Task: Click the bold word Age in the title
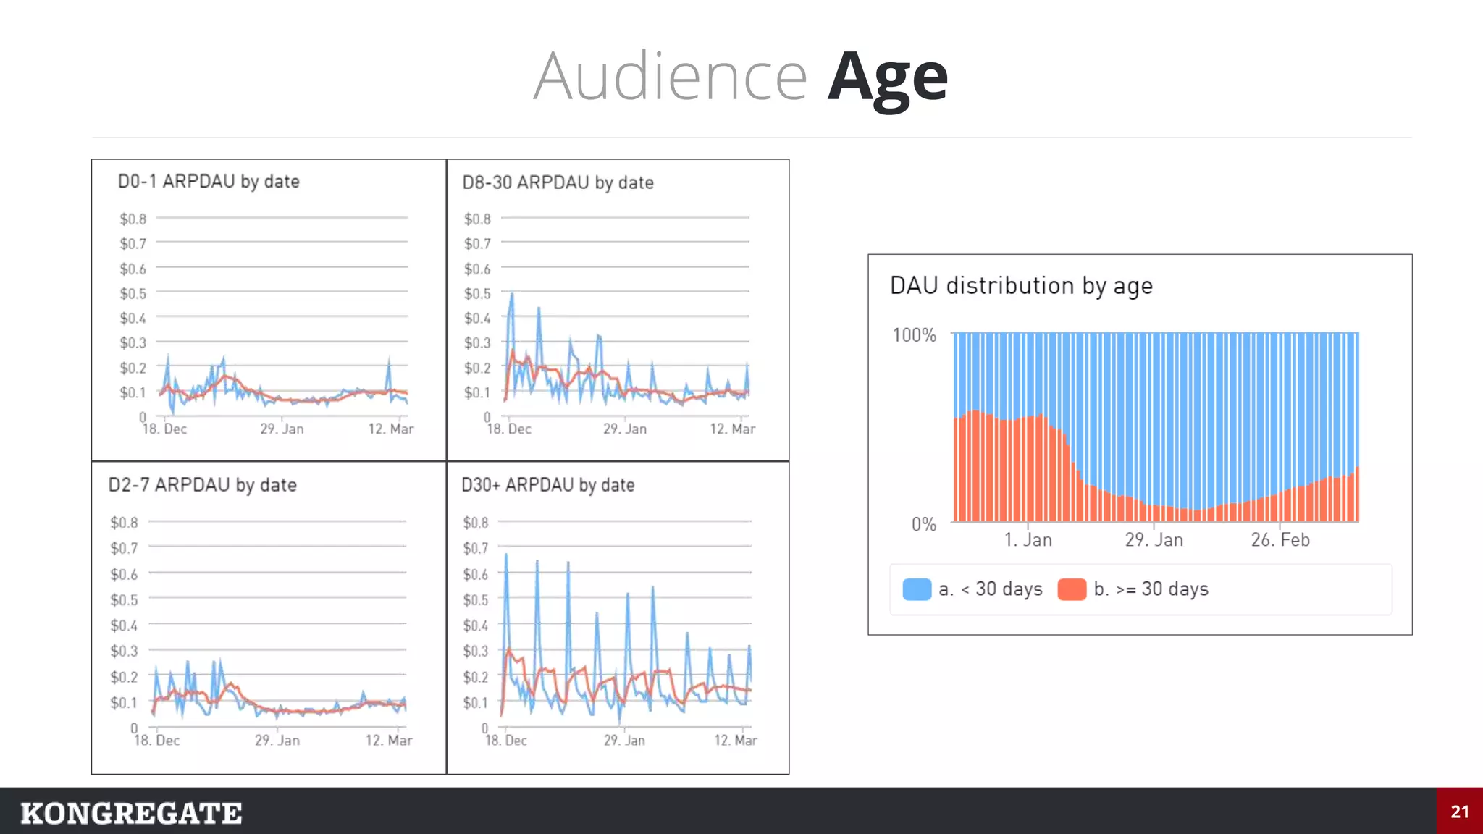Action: click(887, 78)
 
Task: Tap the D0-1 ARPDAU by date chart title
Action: click(209, 182)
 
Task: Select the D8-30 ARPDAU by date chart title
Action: click(558, 183)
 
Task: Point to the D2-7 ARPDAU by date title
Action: click(203, 485)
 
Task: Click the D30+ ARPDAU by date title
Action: click(548, 485)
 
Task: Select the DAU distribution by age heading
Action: click(1021, 286)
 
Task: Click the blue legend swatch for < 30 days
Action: click(917, 589)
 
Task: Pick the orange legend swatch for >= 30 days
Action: click(1072, 589)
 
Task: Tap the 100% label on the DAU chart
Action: click(914, 335)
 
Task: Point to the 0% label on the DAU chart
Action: click(923, 524)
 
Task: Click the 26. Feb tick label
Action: click(1280, 540)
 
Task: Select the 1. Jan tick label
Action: click(1028, 540)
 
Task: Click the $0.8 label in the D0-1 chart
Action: click(133, 219)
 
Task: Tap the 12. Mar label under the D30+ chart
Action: click(735, 741)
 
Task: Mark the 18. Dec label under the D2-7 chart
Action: click(156, 741)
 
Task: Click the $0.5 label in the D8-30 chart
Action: click(477, 293)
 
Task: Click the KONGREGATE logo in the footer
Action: click(131, 813)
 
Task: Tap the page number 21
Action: click(1459, 812)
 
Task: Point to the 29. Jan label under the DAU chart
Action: click(1154, 540)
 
